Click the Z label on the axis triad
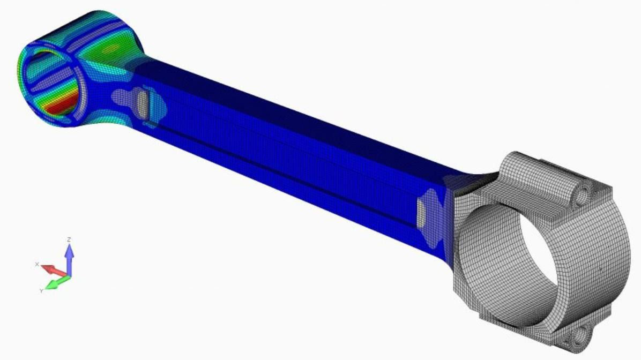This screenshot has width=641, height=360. (69, 239)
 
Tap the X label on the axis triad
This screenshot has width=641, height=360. (37, 264)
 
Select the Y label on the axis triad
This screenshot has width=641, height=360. (41, 290)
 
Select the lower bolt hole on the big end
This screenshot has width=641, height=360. (580, 336)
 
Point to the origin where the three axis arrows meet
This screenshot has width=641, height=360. (69, 276)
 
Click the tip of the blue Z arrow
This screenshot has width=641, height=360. (69, 245)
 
